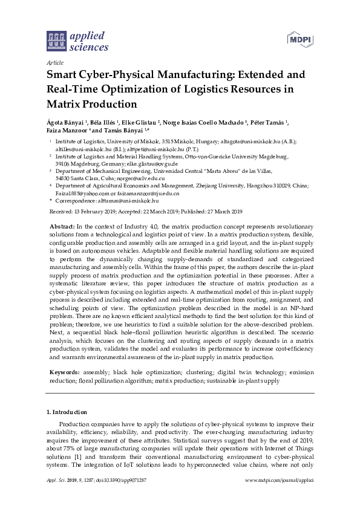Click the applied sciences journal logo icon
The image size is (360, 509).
[x=56, y=41]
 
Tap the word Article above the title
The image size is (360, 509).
[x=54, y=62]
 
